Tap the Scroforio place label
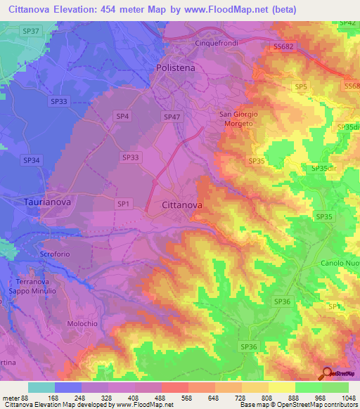39,254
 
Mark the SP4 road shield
122,116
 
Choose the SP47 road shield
172,117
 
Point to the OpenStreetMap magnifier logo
326,374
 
